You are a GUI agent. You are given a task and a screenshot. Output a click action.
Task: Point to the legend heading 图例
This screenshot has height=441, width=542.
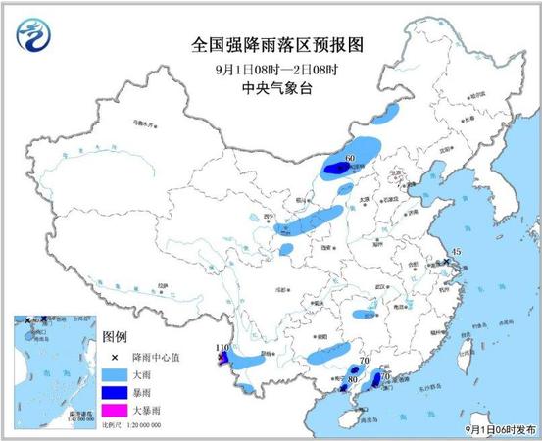(x=115, y=338)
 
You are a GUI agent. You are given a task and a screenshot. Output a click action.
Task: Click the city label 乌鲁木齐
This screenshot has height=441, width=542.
(x=144, y=124)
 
